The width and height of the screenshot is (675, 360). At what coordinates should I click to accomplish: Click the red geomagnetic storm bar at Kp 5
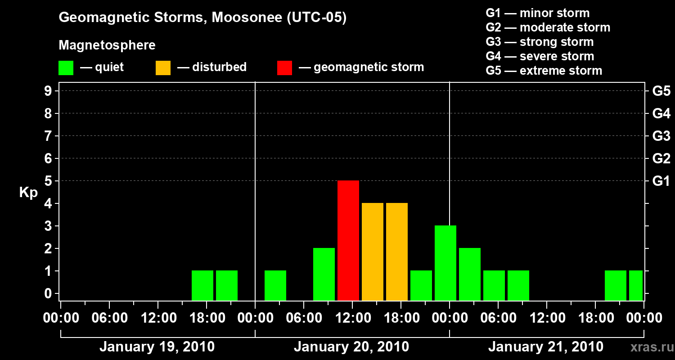pyautogui.click(x=348, y=240)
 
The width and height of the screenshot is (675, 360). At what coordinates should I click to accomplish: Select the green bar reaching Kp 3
pyautogui.click(x=445, y=263)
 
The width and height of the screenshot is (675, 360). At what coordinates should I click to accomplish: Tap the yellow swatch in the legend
pyautogui.click(x=163, y=67)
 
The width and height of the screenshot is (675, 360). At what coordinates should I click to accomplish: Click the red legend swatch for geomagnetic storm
pyautogui.click(x=284, y=67)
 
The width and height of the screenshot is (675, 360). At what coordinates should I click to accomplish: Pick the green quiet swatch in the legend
pyautogui.click(x=66, y=67)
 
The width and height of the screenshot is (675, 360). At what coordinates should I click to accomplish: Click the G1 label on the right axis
pyautogui.click(x=661, y=181)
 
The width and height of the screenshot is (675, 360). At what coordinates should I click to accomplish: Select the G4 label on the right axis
pyautogui.click(x=661, y=113)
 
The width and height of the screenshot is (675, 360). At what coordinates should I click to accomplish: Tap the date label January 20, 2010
pyautogui.click(x=351, y=347)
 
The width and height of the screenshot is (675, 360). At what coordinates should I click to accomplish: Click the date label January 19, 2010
pyautogui.click(x=157, y=347)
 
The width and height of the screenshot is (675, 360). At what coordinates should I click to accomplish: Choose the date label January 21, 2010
pyautogui.click(x=546, y=347)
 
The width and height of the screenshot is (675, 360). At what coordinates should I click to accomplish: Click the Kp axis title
pyautogui.click(x=28, y=193)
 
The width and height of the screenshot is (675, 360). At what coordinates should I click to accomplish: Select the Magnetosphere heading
pyautogui.click(x=107, y=45)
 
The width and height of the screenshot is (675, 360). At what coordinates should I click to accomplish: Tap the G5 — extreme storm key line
pyautogui.click(x=544, y=71)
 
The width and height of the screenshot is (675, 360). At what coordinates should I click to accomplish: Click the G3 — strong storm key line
pyautogui.click(x=540, y=42)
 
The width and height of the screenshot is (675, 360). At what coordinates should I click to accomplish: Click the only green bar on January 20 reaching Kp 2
pyautogui.click(x=324, y=274)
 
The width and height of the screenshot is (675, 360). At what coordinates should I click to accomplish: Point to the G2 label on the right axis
pyautogui.click(x=661, y=158)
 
